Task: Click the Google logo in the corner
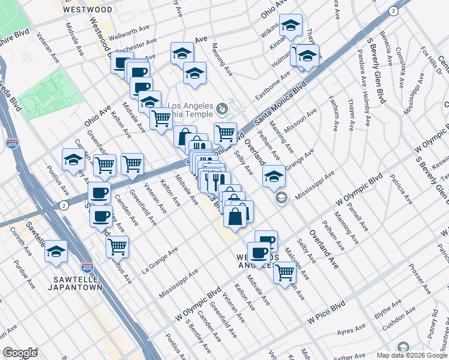point(20,353)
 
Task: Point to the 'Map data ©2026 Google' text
point(411,355)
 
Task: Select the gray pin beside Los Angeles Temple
point(223,109)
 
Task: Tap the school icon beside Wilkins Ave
point(291,25)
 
